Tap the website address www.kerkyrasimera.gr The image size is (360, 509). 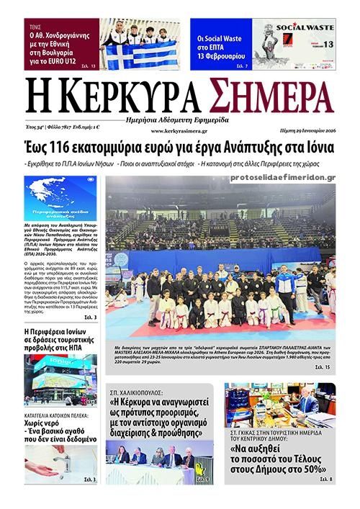[179, 131]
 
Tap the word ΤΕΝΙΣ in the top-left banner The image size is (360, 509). [35, 24]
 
